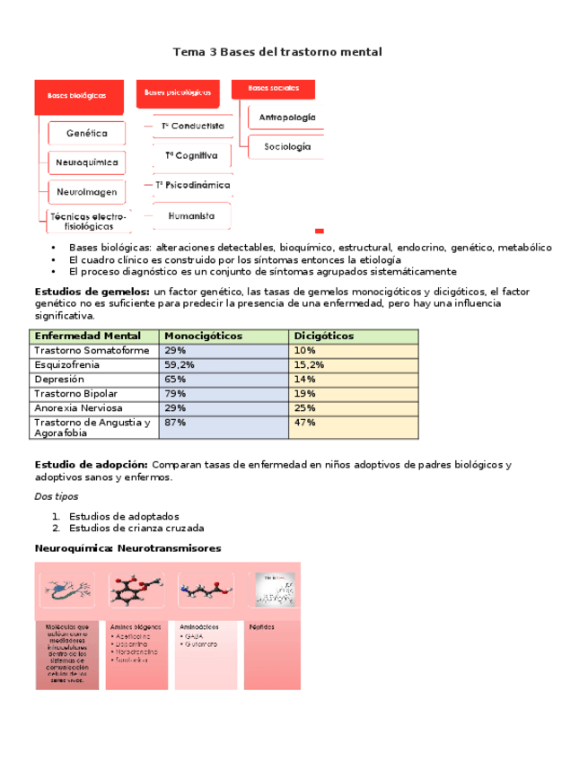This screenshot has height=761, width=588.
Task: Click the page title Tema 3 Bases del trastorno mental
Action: pyautogui.click(x=276, y=52)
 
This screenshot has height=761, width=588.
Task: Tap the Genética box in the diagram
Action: pyautogui.click(x=86, y=133)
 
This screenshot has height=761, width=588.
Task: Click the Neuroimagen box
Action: pyautogui.click(x=86, y=192)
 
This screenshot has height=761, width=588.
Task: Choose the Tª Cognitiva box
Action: pyautogui.click(x=191, y=155)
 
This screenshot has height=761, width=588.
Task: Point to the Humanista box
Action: pyautogui.click(x=191, y=216)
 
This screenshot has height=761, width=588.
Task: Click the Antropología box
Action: pyautogui.click(x=287, y=118)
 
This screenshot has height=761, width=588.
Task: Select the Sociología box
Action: pyautogui.click(x=287, y=146)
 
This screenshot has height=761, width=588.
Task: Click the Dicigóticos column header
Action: pyautogui.click(x=323, y=336)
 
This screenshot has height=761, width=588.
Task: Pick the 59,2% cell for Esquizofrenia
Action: pyautogui.click(x=176, y=365)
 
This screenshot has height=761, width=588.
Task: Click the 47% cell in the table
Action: pyautogui.click(x=304, y=423)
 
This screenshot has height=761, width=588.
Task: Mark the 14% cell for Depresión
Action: pyautogui.click(x=304, y=380)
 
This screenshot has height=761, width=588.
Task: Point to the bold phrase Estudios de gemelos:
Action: pyautogui.click(x=92, y=292)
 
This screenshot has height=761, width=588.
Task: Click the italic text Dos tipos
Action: pyautogui.click(x=56, y=496)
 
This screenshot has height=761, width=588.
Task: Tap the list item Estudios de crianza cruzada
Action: pyautogui.click(x=136, y=529)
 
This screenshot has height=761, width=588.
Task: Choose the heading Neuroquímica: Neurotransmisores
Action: pyautogui.click(x=127, y=548)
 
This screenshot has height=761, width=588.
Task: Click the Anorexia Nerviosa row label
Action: pyautogui.click(x=78, y=408)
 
